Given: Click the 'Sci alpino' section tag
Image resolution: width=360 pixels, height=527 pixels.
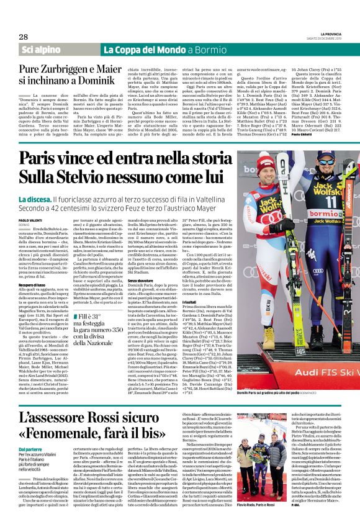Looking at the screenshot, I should (x=38, y=49).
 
